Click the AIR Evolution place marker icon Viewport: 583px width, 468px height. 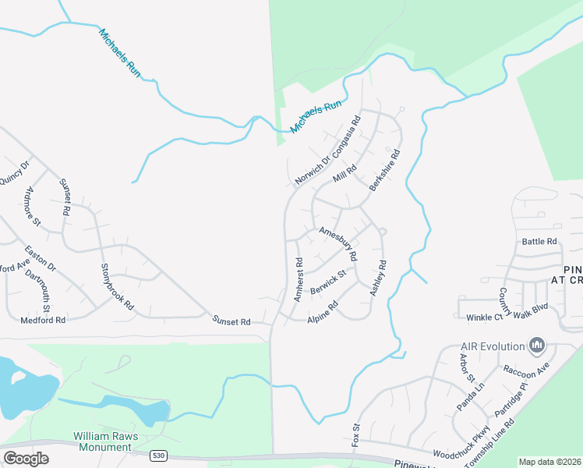(536, 345)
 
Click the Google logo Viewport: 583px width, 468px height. (26, 459)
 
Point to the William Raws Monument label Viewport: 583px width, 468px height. (102, 441)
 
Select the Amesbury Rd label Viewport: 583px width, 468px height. (338, 245)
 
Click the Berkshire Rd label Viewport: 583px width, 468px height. (385, 172)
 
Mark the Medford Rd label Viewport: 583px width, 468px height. (44, 320)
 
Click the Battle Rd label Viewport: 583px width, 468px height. (540, 242)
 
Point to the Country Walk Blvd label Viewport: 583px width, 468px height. (514, 303)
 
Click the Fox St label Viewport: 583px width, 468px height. (356, 433)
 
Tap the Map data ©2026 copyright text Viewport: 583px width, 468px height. (549, 462)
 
